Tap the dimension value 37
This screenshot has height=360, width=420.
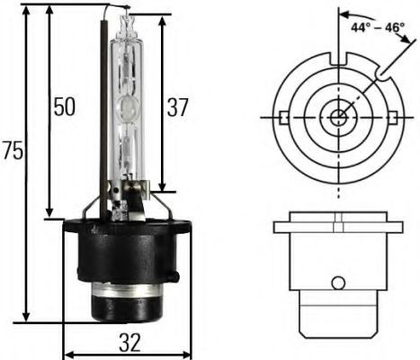pyautogui.click(x=177, y=108)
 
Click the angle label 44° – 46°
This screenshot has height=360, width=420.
pyautogui.click(x=380, y=27)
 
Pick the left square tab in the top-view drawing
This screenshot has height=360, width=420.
pyautogui.click(x=284, y=117)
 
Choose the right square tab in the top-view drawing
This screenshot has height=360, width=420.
pyautogui.click(x=392, y=117)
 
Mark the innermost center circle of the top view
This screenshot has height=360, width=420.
pyautogui.click(x=338, y=117)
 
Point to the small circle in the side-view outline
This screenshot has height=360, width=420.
pyautogui.click(x=337, y=283)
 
